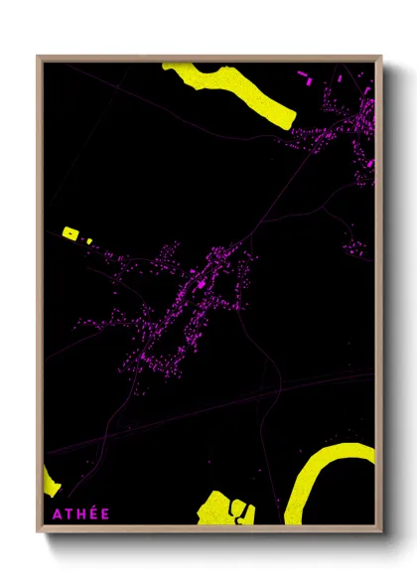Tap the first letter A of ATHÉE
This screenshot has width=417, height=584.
pos(50,513)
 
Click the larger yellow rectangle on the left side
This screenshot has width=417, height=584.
pos(70,232)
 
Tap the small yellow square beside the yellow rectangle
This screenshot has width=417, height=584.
pos(88,240)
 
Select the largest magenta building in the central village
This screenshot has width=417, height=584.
pos(205,284)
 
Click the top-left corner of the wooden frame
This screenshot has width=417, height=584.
pos(38,57)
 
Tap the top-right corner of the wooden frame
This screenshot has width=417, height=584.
pos(381,57)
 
